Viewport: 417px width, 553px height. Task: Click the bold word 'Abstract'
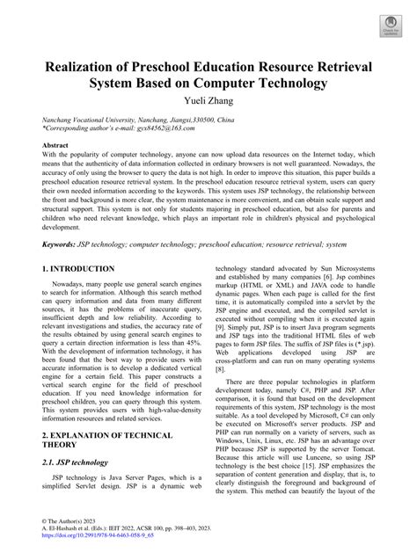pyautogui.click(x=55, y=144)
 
